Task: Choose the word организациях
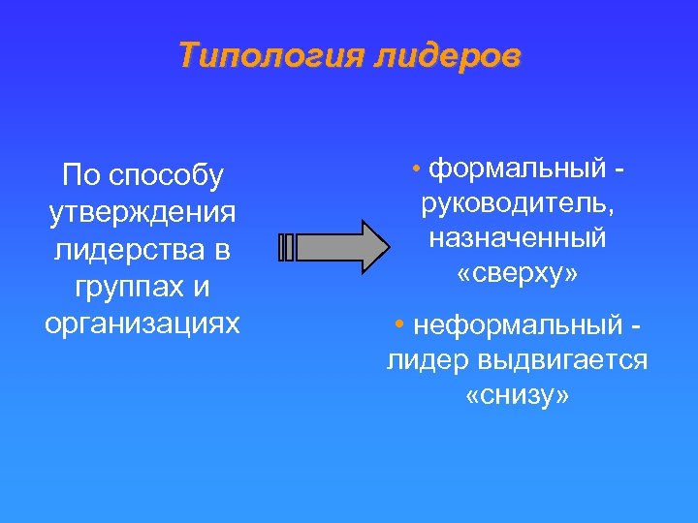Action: [142, 323]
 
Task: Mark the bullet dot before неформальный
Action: [399, 324]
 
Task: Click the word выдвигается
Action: [562, 360]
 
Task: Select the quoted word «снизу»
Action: [517, 395]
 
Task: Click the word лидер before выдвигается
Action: [427, 360]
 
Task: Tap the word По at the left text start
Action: [79, 176]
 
